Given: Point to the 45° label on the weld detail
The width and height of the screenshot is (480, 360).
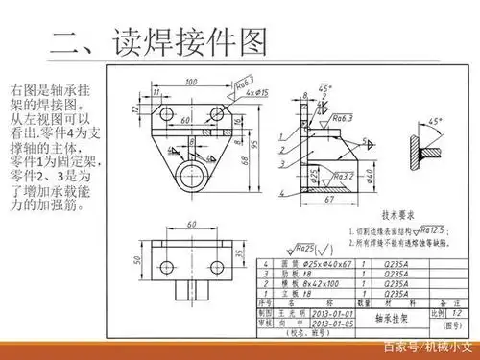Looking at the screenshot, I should pos(436,122).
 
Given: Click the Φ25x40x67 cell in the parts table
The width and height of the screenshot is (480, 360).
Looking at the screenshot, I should pos(324,263).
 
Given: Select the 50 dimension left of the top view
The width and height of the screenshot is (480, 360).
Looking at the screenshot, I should pos(135,259).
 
